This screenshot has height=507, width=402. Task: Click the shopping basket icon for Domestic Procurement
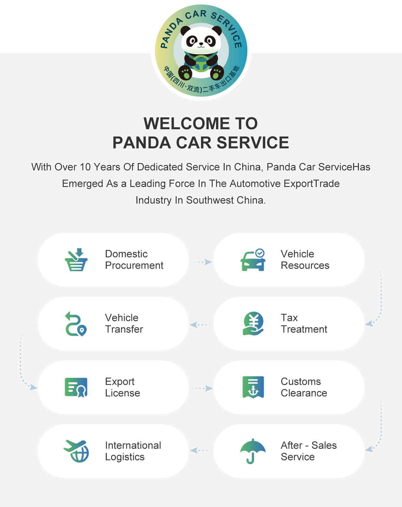(x=76, y=260)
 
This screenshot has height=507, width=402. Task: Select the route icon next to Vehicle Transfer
(x=76, y=324)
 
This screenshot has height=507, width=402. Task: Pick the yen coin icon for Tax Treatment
(x=253, y=324)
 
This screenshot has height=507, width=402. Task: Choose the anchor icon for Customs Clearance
(x=253, y=387)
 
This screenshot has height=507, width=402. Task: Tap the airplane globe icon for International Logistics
(x=76, y=451)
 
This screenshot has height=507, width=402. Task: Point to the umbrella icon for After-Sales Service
(x=253, y=451)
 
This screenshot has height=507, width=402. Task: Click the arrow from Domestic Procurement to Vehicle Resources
(x=202, y=262)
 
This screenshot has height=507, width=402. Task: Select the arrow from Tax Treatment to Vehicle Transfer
(x=201, y=324)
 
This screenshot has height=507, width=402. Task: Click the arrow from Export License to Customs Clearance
(x=202, y=388)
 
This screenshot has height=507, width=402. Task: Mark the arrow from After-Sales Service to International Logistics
(x=201, y=451)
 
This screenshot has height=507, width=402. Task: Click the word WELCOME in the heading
(x=186, y=123)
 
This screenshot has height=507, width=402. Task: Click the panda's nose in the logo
(x=201, y=44)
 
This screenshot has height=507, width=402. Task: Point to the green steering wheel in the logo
(x=201, y=63)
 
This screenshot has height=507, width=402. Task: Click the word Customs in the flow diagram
(x=301, y=381)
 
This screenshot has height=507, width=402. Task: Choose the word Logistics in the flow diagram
(x=125, y=457)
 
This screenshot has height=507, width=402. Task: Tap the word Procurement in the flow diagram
(x=134, y=265)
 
